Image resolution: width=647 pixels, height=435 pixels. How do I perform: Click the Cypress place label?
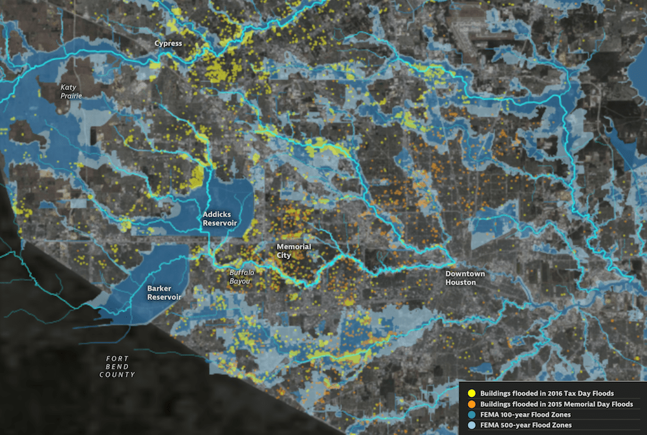tap(168, 44)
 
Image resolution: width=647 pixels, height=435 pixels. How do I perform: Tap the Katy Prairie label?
tap(72, 91)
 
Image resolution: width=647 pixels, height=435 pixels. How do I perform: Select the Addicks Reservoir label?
tap(220, 218)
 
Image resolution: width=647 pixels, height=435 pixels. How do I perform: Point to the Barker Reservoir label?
tap(164, 292)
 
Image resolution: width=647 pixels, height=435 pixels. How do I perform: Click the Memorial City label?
tap(294, 251)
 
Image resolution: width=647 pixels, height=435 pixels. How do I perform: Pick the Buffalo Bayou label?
tap(242, 277)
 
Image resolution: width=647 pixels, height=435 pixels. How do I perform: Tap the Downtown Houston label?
tap(465, 278)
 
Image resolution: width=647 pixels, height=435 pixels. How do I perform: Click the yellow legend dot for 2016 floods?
tap(472, 393)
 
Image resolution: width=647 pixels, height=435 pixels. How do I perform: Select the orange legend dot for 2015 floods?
tap(472, 404)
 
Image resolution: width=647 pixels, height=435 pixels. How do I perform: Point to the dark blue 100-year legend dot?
tap(472, 414)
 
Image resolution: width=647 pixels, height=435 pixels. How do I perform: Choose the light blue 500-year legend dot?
tap(472, 425)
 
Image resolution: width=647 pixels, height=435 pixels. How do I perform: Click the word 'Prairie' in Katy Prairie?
tap(72, 96)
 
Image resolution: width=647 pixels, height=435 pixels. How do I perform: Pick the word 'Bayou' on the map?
tap(242, 281)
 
